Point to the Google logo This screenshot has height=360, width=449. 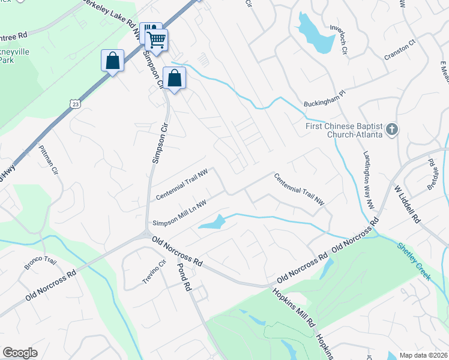click(x=20, y=353)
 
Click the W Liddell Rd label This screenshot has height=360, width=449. click(x=406, y=204)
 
